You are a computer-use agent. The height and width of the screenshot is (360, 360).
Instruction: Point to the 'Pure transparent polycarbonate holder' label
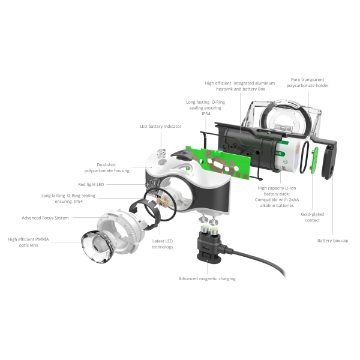(x=310, y=82)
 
